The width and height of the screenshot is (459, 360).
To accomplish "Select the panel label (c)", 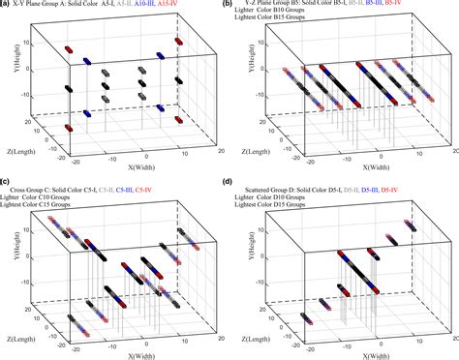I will coord(5,182).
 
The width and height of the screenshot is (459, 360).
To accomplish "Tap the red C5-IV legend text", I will coord(149,184).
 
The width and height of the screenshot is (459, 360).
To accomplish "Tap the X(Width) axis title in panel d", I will coord(361,345).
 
